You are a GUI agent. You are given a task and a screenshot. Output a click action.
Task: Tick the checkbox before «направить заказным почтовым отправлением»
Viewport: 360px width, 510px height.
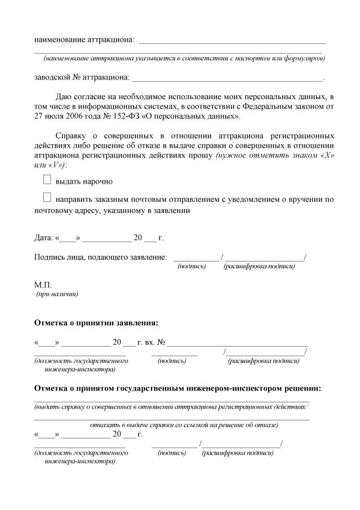coord(47,198)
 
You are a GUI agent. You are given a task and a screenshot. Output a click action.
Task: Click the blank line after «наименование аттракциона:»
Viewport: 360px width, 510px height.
coord(232,41)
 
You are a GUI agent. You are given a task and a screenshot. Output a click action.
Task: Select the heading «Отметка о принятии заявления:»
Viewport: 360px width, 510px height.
coord(96,323)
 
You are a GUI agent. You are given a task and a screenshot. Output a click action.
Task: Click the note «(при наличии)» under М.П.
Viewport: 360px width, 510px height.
coord(57,294)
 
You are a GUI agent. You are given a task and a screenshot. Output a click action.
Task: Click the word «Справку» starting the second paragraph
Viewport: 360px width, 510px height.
coord(72,136)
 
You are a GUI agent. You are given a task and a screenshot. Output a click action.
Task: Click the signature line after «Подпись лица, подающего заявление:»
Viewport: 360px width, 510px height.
coord(195,258)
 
